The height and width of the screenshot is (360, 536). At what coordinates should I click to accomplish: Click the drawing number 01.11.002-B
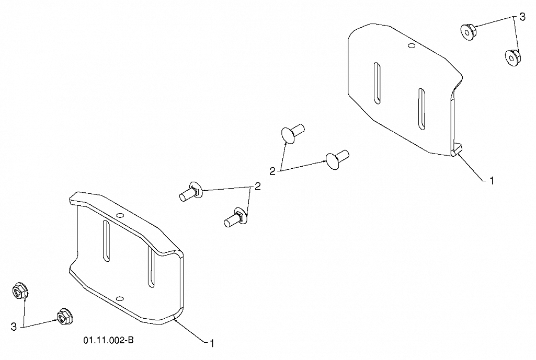pyautogui.click(x=108, y=340)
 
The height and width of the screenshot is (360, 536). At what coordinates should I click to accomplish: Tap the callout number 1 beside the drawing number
pyautogui.click(x=212, y=343)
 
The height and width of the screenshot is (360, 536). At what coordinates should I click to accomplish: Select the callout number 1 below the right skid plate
pyautogui.click(x=492, y=181)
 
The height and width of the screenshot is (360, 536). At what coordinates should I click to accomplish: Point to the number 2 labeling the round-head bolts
pyautogui.click(x=272, y=171)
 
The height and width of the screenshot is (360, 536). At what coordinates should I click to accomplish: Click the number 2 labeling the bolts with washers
pyautogui.click(x=257, y=186)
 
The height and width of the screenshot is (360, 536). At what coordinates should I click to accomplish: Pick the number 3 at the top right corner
pyautogui.click(x=522, y=17)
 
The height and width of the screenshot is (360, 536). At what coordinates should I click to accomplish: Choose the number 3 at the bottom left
pyautogui.click(x=14, y=327)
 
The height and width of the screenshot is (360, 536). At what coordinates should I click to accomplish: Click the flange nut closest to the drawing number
pyautogui.click(x=64, y=317)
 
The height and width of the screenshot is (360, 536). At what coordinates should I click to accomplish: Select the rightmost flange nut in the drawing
pyautogui.click(x=512, y=57)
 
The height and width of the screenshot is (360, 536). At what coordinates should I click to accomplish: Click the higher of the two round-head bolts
pyautogui.click(x=292, y=133)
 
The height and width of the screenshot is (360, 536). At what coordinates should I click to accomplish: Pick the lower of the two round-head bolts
pyautogui.click(x=337, y=159)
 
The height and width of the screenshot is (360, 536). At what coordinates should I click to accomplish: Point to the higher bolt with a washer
pyautogui.click(x=191, y=192)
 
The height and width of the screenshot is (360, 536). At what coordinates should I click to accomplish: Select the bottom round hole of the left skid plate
pyautogui.click(x=119, y=298)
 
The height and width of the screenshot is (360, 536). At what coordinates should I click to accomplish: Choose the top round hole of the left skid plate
pyautogui.click(x=120, y=215)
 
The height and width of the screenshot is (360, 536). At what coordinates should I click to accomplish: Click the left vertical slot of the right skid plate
pyautogui.click(x=377, y=83)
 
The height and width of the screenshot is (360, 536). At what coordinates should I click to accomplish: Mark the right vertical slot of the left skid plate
pyautogui.click(x=151, y=267)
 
